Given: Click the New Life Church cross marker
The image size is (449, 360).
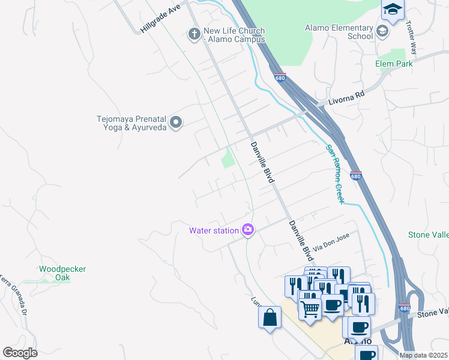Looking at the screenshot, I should point(194,34).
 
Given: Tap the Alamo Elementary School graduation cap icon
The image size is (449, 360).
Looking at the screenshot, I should point(382,31).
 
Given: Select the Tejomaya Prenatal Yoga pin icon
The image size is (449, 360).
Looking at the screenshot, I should point(176,123).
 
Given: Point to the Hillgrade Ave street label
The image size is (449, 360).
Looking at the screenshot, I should point(160,19).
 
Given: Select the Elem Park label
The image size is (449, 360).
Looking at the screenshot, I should point(394,64).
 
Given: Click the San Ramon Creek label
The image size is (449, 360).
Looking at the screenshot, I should point(335,174).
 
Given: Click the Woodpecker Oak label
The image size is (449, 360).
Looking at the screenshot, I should point(62,274).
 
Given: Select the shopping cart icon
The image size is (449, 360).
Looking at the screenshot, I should point(310,310).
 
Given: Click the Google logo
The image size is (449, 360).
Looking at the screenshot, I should point(20,352).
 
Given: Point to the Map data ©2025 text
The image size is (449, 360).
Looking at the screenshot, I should point(423,355).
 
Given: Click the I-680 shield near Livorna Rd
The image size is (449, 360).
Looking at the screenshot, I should point(281,77).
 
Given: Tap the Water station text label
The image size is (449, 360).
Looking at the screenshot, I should point(214,230).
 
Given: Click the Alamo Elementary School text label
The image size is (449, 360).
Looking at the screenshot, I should point(339,32).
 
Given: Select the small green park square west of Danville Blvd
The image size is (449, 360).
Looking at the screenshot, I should point(228,159).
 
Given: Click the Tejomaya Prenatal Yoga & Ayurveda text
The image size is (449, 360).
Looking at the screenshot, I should point(131,123).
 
